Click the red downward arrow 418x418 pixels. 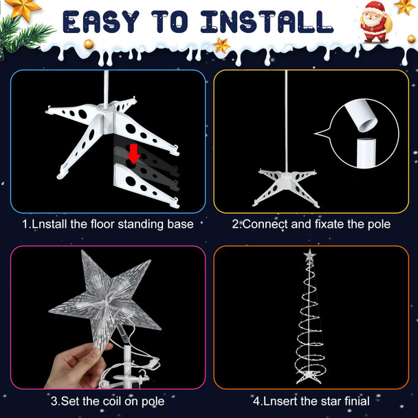pyautogui.click(x=133, y=154)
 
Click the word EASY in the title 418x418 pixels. pyautogui.click(x=101, y=22)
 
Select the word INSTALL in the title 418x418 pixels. pyautogui.click(x=267, y=22)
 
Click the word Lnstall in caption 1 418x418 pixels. pyautogui.click(x=49, y=224)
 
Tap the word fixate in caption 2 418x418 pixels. pyautogui.click(x=330, y=224)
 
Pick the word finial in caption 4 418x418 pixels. pyautogui.click(x=357, y=401)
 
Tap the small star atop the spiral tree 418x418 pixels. pyautogui.click(x=310, y=255)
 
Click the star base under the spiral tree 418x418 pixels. pyautogui.click(x=309, y=377)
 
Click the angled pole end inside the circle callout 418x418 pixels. pyautogui.click(x=362, y=115)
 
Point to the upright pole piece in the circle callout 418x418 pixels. pyautogui.click(x=366, y=153)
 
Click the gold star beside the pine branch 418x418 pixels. pyautogui.click(x=23, y=9)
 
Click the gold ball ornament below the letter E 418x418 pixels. pyautogui.click(x=89, y=44)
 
